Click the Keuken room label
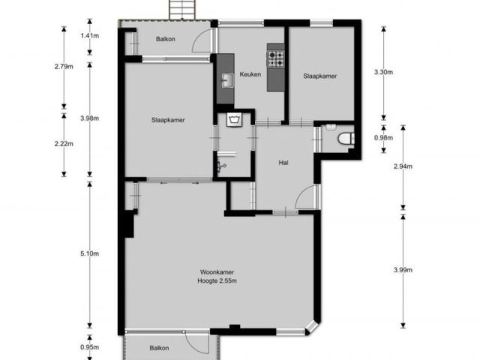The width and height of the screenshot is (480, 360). (x=250, y=74)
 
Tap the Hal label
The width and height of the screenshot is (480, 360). (x=283, y=163)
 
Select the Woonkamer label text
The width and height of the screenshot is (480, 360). (x=217, y=271)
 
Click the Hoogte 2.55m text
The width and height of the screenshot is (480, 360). (x=217, y=280)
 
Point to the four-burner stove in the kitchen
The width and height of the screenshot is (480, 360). (x=276, y=58)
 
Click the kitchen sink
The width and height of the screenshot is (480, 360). (x=226, y=80)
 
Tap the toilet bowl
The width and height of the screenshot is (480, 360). (x=346, y=139)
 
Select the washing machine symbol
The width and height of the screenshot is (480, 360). (x=235, y=119)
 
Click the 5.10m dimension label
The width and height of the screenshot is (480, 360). (x=90, y=253)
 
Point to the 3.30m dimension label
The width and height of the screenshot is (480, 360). (x=383, y=72)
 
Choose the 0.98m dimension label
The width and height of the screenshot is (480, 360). (x=383, y=138)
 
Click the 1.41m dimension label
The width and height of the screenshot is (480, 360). (x=90, y=36)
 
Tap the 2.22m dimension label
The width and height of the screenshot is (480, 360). (x=64, y=143)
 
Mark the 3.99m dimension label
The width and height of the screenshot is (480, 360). (x=403, y=270)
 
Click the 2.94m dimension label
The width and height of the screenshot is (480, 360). (x=403, y=166)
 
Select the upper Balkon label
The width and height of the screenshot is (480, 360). (x=166, y=39)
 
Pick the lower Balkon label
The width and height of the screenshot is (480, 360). (x=159, y=348)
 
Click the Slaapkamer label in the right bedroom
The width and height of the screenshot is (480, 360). (x=320, y=76)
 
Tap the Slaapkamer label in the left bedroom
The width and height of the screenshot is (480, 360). (x=168, y=120)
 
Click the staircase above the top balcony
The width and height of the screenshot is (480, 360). (x=182, y=10)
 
